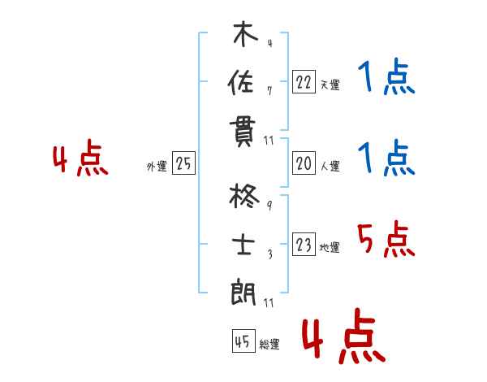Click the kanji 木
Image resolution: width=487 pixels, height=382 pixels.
click(245, 33)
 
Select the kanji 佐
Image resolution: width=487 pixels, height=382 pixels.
click(241, 82)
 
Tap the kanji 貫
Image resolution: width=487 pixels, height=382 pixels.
click(242, 133)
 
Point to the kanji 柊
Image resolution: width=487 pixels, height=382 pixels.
click(244, 196)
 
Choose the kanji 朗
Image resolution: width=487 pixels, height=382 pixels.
click(243, 292)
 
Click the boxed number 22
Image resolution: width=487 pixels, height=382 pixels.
click(304, 81)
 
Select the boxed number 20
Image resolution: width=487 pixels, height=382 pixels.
click(304, 163)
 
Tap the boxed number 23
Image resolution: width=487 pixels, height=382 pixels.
click(304, 244)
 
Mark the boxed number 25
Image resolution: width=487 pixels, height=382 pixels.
click(183, 163)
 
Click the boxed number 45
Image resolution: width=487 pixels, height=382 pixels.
click(243, 341)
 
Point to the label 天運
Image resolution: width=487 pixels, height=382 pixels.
click(330, 85)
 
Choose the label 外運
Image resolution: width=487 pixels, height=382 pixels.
click(157, 166)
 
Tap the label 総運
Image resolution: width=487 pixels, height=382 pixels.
click(269, 344)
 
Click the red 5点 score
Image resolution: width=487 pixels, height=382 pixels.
click(386, 239)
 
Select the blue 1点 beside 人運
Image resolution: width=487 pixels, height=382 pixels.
click(386, 158)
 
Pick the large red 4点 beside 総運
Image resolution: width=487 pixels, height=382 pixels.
click(343, 336)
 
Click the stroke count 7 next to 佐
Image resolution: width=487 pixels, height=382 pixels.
click(269, 91)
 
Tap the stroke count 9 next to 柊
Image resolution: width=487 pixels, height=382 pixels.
click(269, 206)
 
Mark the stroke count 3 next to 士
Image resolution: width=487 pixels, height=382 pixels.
click(270, 254)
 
